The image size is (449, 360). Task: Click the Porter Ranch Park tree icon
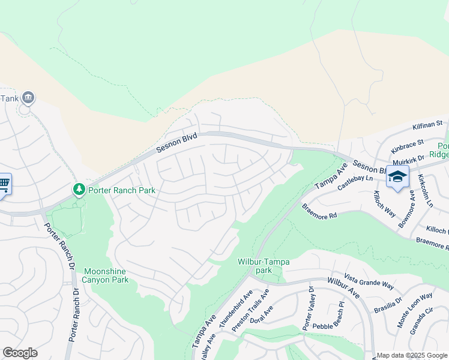(x=79, y=190)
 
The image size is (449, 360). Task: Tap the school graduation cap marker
(x=397, y=176)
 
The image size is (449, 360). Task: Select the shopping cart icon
(x=4, y=183)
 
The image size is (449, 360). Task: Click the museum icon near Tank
(x=28, y=97)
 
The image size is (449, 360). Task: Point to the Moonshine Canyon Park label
(x=106, y=275)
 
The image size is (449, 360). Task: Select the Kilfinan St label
(x=427, y=125)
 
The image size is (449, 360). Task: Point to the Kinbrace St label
(x=407, y=148)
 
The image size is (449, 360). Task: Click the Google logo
(x=20, y=353)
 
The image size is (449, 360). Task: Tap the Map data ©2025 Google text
(x=412, y=355)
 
